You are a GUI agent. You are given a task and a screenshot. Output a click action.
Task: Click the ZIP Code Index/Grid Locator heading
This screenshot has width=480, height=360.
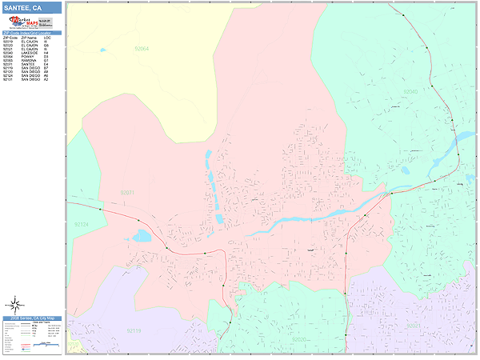click(32, 33)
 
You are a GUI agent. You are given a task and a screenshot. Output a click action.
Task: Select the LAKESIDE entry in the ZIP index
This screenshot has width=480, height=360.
click(28, 53)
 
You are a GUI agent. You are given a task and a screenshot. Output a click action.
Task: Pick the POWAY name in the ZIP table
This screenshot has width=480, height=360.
click(26, 57)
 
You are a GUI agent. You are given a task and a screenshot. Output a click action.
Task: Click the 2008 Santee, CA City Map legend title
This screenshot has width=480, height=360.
click(32, 318)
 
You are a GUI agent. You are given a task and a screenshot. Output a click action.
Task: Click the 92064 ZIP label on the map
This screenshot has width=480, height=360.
click(142, 49)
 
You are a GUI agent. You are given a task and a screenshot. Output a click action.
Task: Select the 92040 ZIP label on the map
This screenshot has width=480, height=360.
click(410, 92)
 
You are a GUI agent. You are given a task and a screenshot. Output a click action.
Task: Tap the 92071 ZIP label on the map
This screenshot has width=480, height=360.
click(127, 193)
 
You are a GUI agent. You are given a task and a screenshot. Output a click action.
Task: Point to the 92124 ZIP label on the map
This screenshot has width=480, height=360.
click(80, 225)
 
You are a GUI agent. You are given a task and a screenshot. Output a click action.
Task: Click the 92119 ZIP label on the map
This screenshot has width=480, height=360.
click(133, 330)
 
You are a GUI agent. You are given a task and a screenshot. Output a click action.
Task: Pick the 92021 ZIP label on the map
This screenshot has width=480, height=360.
click(413, 326)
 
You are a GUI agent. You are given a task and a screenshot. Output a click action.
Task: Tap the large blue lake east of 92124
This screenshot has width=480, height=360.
click(142, 236)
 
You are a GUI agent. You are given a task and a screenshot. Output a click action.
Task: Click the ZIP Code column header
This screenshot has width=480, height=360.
click(10, 38)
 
